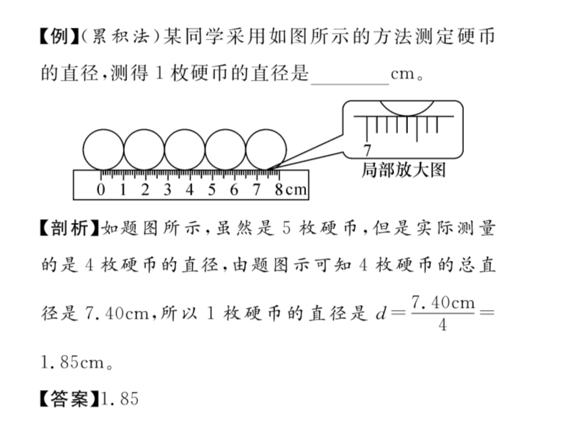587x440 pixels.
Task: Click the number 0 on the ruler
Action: point(101,190)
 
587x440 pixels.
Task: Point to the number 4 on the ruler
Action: point(189,190)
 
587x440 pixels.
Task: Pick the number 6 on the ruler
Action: point(234,190)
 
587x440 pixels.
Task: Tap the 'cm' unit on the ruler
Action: point(295,191)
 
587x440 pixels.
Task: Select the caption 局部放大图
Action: point(404,171)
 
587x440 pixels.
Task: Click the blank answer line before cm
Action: point(349,76)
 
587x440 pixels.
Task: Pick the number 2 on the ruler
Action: point(145,190)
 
